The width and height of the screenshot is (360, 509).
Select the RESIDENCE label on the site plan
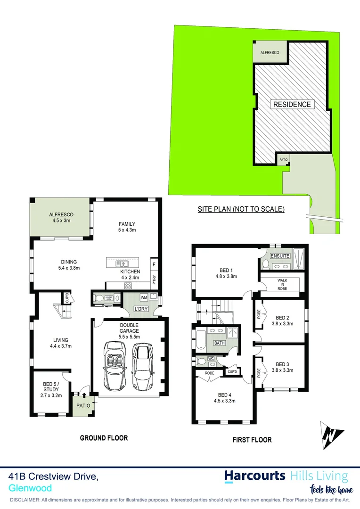pos(292,104)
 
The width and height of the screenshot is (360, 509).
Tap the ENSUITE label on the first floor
pos(280,256)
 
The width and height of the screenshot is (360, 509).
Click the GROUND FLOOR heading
pos(104,438)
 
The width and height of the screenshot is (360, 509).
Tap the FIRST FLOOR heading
pos(252,440)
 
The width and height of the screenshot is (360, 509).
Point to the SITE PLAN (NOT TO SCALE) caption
pos(241,209)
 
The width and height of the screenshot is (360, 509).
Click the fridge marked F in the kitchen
pos(154,264)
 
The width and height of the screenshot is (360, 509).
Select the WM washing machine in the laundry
pos(143,297)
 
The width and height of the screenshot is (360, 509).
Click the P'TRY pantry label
pos(154,279)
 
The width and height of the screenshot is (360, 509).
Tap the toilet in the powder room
pos(99,298)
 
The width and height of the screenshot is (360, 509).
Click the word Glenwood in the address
pos(30,488)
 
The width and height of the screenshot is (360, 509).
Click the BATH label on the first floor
pos(220,343)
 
